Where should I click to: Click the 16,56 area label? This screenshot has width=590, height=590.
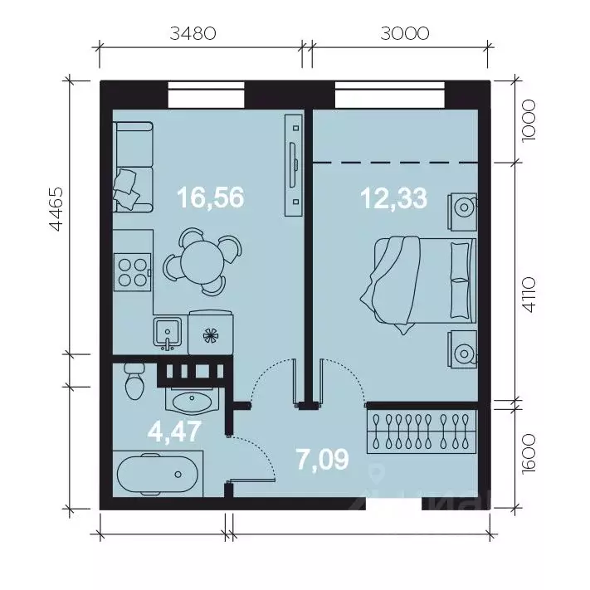click(x=210, y=197)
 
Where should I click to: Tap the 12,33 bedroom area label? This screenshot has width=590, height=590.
click(x=393, y=197)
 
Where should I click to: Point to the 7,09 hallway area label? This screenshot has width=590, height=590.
click(x=323, y=457)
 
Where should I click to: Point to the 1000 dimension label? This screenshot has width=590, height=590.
click(x=532, y=121)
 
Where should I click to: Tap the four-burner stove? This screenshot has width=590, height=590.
click(x=132, y=271)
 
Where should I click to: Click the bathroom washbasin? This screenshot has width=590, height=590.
click(x=193, y=402)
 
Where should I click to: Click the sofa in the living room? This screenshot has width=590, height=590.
click(x=132, y=166)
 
